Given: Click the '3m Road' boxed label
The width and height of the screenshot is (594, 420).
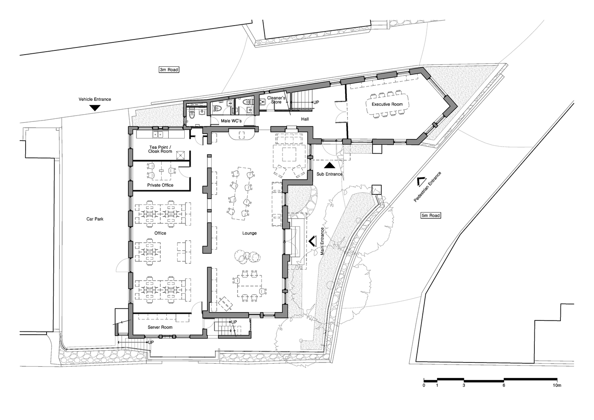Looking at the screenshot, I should click(x=169, y=70).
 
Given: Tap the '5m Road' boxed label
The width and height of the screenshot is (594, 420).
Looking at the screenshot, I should click(x=431, y=215).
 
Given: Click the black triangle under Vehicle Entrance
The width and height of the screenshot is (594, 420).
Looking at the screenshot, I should click(x=95, y=108).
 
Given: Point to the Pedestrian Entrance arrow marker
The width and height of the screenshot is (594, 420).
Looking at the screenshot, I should click(x=421, y=181).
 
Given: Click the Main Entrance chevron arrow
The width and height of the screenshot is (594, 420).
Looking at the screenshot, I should click(x=312, y=241).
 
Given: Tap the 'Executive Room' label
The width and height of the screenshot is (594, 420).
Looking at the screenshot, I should click(x=387, y=104).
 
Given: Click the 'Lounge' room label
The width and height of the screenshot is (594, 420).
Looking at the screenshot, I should click(x=249, y=233).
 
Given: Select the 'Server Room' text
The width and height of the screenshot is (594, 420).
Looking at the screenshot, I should click(x=160, y=327).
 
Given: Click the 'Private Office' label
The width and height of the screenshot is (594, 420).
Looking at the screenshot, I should click(x=160, y=185).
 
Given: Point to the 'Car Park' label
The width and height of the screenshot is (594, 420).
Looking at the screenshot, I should click(x=95, y=219).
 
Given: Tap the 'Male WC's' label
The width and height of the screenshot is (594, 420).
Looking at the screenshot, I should click(x=232, y=121).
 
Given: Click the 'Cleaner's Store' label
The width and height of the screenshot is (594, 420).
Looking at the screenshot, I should click(x=276, y=100).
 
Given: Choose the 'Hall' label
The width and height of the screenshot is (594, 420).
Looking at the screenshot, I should click(x=305, y=119).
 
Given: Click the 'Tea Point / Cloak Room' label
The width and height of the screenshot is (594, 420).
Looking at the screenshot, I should click(x=160, y=149).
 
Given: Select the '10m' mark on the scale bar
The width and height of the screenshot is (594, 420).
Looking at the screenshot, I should click(x=557, y=385).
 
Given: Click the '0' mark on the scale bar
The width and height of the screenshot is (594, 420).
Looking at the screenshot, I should click(x=424, y=385).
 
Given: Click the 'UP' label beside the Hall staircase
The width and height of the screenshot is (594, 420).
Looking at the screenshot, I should click(x=316, y=102).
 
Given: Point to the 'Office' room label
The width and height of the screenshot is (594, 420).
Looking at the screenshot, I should click(x=160, y=233).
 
